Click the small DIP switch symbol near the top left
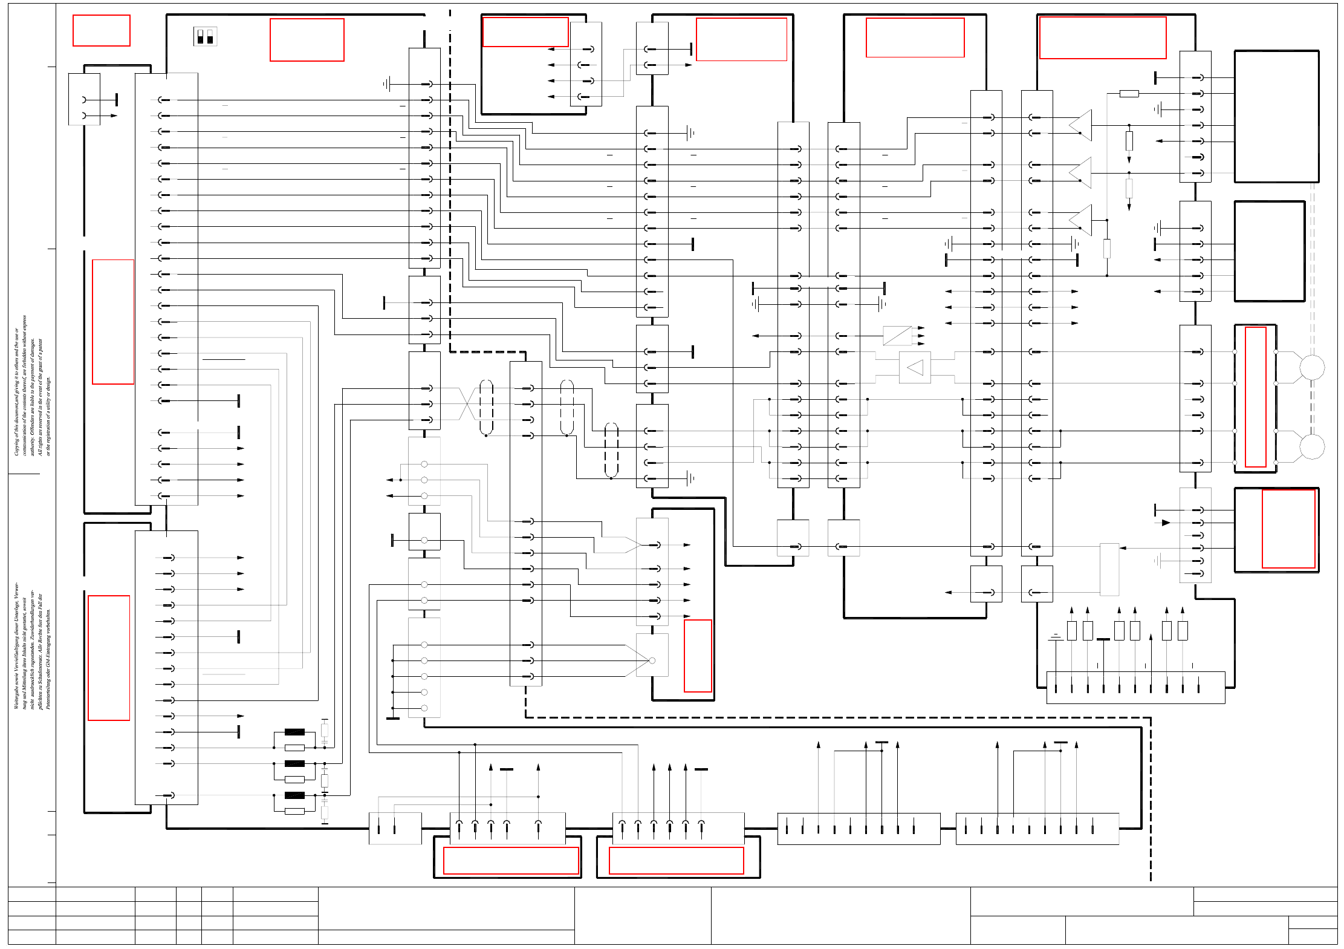pos(206,37)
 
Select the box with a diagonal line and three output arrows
pos(897,336)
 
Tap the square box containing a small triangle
pos(915,367)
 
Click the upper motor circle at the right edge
pos(1312,367)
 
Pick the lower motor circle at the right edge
pos(1312,447)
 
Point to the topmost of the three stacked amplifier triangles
pos(1081,125)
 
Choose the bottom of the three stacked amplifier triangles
pos(1081,220)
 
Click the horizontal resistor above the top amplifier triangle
pos(1129,94)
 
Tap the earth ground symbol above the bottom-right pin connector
pos(1056,637)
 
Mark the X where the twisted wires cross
pos(467,404)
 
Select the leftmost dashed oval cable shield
pos(486,407)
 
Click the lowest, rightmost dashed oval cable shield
pos(611,450)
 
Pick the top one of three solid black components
pos(294,732)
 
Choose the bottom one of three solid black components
pos(294,795)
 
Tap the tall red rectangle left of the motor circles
pos(1255,397)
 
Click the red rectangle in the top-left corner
pos(102,30)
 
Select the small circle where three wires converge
pos(652,660)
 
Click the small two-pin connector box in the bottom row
pos(395,829)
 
